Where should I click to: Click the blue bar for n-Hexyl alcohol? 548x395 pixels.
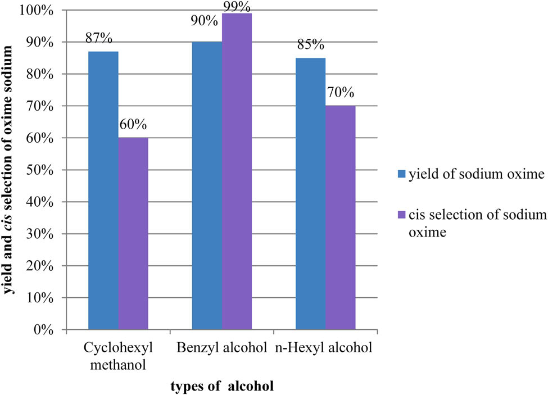310,194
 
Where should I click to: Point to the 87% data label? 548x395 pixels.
99,39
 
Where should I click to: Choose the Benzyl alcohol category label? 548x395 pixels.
222,348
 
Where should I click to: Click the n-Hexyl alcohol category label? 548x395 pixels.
323,348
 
